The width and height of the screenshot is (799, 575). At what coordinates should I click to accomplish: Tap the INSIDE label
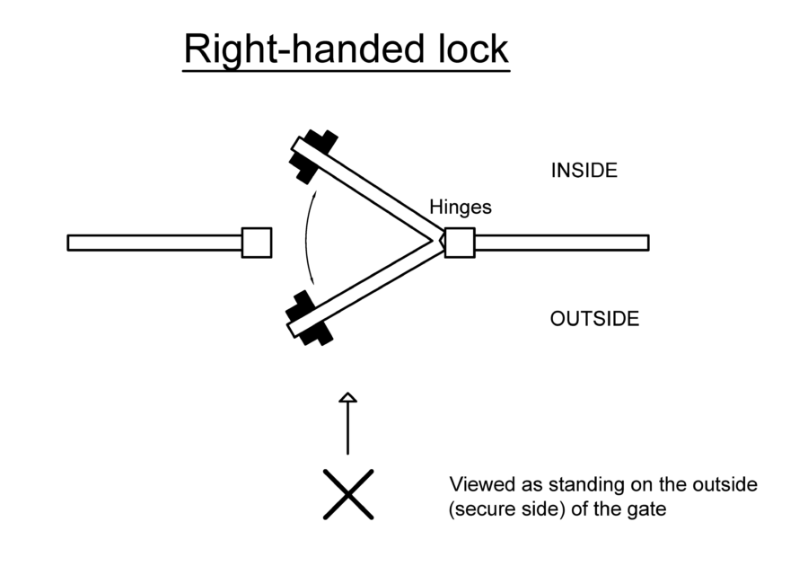(584, 171)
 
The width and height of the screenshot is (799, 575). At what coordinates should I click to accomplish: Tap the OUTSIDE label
(594, 319)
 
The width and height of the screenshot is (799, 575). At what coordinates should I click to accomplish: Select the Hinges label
(461, 208)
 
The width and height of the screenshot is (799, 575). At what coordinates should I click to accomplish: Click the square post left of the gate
(257, 243)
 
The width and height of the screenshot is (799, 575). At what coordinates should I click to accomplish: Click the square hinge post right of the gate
(460, 243)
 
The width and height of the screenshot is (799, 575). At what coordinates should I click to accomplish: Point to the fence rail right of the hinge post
(561, 243)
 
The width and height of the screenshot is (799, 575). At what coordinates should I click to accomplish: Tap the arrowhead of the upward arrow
(348, 398)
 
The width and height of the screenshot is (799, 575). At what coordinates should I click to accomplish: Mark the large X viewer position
(348, 494)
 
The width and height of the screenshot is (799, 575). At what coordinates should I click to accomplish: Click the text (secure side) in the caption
(502, 509)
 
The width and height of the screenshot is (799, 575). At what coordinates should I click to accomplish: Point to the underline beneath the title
(347, 68)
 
